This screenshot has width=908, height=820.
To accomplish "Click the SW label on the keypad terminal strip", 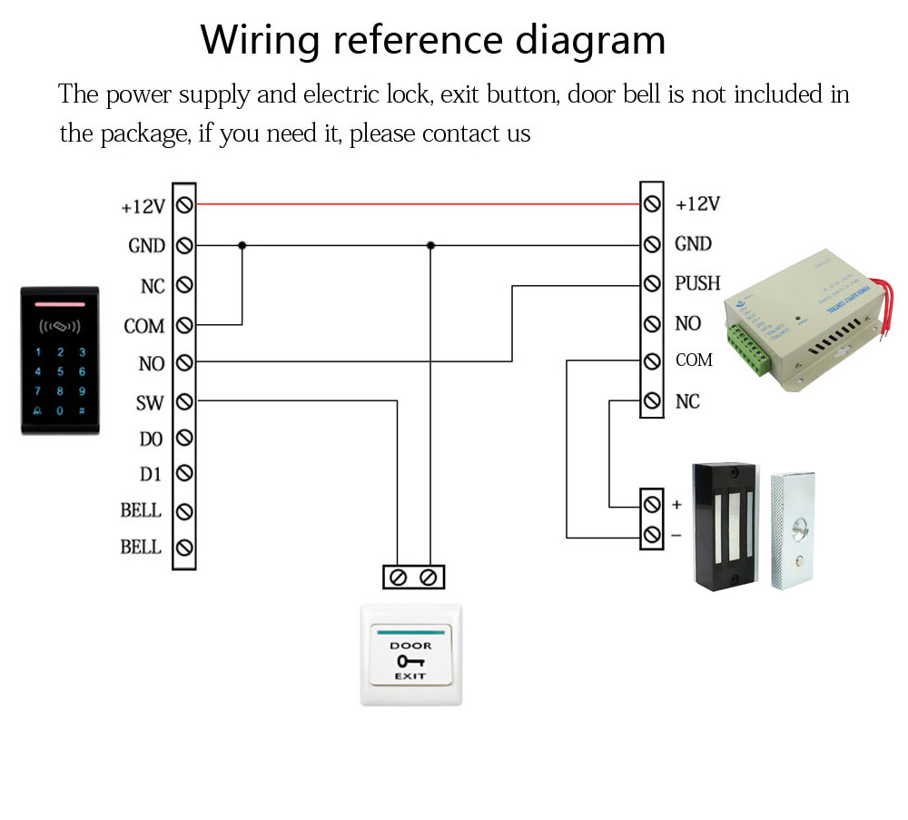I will [149, 401].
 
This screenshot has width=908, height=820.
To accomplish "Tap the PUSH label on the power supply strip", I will [696, 283].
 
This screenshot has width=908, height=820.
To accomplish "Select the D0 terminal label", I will [150, 439].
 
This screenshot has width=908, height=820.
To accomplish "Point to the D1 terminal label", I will [150, 473].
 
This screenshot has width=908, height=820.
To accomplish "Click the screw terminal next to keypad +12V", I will [184, 205].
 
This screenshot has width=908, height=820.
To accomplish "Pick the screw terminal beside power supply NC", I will [652, 400].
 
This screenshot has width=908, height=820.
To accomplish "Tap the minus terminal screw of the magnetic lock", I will [652, 536].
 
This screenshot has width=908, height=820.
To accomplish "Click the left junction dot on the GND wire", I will [242, 245].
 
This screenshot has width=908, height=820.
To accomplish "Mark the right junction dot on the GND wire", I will [430, 245].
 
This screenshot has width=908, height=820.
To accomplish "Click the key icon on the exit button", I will [410, 661].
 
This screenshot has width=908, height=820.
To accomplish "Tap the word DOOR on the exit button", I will [410, 646].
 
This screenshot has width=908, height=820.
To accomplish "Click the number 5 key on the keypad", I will [60, 371].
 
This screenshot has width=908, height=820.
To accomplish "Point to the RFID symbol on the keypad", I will [59, 325].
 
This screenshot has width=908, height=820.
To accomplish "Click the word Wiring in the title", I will [260, 41].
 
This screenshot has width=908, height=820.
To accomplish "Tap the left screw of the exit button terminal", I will [398, 577].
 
